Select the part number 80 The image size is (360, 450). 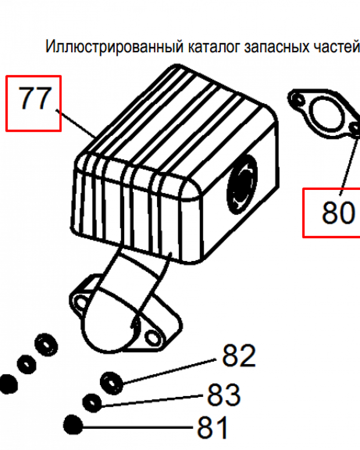tap(338, 212)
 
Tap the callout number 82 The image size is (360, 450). tap(239, 355)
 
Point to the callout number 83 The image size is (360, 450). tap(224, 395)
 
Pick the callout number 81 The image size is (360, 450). tap(213, 427)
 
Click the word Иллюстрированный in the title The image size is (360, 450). tap(114, 47)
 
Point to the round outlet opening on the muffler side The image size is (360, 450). tap(242, 184)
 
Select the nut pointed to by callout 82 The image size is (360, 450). tap(112, 383)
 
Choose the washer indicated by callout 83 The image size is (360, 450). tap(92, 403)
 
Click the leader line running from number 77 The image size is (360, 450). tap(76, 123)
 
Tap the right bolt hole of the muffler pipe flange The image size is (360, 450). tap(152, 337)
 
